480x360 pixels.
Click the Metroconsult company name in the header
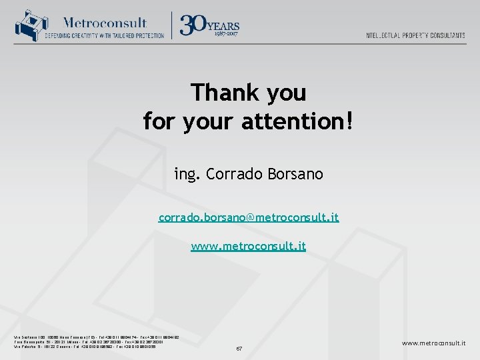[105, 23]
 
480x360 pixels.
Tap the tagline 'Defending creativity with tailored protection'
[105, 35]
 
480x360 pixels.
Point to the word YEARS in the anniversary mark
[224, 25]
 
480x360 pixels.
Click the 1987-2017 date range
[224, 34]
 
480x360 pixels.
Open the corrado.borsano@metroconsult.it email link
[249, 217]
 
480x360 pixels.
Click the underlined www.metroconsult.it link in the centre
[249, 246]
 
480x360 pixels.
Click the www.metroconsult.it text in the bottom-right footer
[433, 343]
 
